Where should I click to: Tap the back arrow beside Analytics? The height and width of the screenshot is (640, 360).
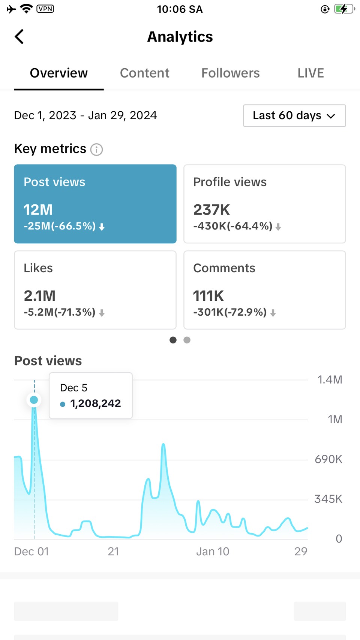19,37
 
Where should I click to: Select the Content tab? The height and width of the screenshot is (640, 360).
144,73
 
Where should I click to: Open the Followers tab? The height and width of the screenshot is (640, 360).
230,73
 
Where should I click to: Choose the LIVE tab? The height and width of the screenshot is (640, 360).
310,73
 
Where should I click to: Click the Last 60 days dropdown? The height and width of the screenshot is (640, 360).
294,115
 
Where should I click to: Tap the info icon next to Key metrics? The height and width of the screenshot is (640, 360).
96,150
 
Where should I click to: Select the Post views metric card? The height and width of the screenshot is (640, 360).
95,204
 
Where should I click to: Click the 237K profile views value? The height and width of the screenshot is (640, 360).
211,210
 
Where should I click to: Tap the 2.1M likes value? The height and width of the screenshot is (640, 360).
39,296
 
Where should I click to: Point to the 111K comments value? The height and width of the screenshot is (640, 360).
208,296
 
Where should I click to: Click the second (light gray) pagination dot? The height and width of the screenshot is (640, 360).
187,340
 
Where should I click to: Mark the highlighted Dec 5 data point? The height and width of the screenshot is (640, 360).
34,400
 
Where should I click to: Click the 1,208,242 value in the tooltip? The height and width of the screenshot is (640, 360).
95,403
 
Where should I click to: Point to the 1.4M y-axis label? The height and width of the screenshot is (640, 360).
330,380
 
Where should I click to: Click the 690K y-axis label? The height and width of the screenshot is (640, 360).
328,459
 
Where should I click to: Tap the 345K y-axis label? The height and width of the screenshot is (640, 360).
328,499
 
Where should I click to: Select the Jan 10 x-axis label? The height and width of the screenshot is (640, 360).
213,552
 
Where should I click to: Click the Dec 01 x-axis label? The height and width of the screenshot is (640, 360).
31,552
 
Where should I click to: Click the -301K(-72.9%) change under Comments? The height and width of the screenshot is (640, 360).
230,312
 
